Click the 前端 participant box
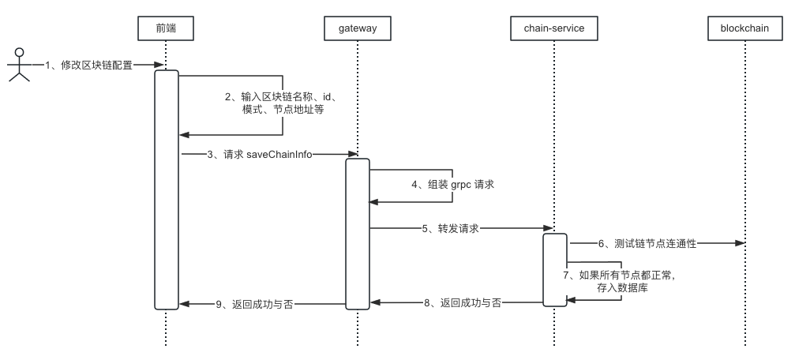[x=166, y=28]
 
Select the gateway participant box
[x=357, y=28]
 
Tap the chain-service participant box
[x=553, y=28]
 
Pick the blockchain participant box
[x=744, y=28]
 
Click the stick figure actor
[x=19, y=65]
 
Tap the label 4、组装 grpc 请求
[x=452, y=184]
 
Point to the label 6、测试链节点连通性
[x=646, y=244]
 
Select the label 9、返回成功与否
[x=254, y=303]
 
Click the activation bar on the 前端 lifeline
[x=166, y=189]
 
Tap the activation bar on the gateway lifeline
[x=357, y=233]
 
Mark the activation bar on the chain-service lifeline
[x=553, y=269]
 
